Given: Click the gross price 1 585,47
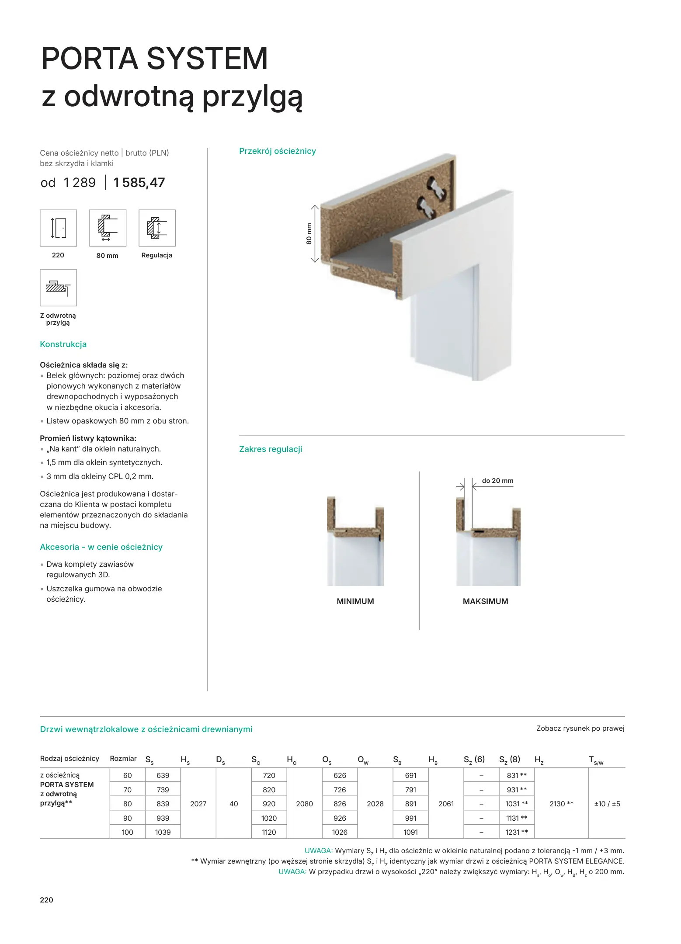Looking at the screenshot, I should click(139, 183).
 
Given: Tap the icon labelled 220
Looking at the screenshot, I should click(58, 228).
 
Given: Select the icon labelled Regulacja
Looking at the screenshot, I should click(157, 228).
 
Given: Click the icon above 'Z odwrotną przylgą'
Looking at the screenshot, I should click(58, 288).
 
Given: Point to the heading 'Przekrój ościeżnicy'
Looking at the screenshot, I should click(277, 151).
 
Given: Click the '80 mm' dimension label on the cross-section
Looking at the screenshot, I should click(309, 234).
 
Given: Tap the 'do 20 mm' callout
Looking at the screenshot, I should click(497, 481).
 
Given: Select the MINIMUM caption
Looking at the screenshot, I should click(355, 601).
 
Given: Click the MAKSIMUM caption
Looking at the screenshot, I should click(485, 601).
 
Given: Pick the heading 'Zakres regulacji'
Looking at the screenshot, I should click(271, 449).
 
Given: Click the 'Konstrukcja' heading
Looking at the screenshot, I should click(63, 344).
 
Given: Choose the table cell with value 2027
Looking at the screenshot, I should click(198, 804).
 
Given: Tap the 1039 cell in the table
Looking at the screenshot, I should click(163, 832).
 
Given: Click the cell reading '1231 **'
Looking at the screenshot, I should click(517, 832).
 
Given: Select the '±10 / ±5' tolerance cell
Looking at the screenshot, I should click(607, 804).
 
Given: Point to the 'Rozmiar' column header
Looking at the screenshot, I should click(123, 759).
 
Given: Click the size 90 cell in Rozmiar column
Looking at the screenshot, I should click(127, 818).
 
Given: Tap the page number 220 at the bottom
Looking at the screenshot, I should click(46, 900).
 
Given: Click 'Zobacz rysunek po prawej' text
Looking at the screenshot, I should click(580, 729).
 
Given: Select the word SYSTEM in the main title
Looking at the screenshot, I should click(207, 59).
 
